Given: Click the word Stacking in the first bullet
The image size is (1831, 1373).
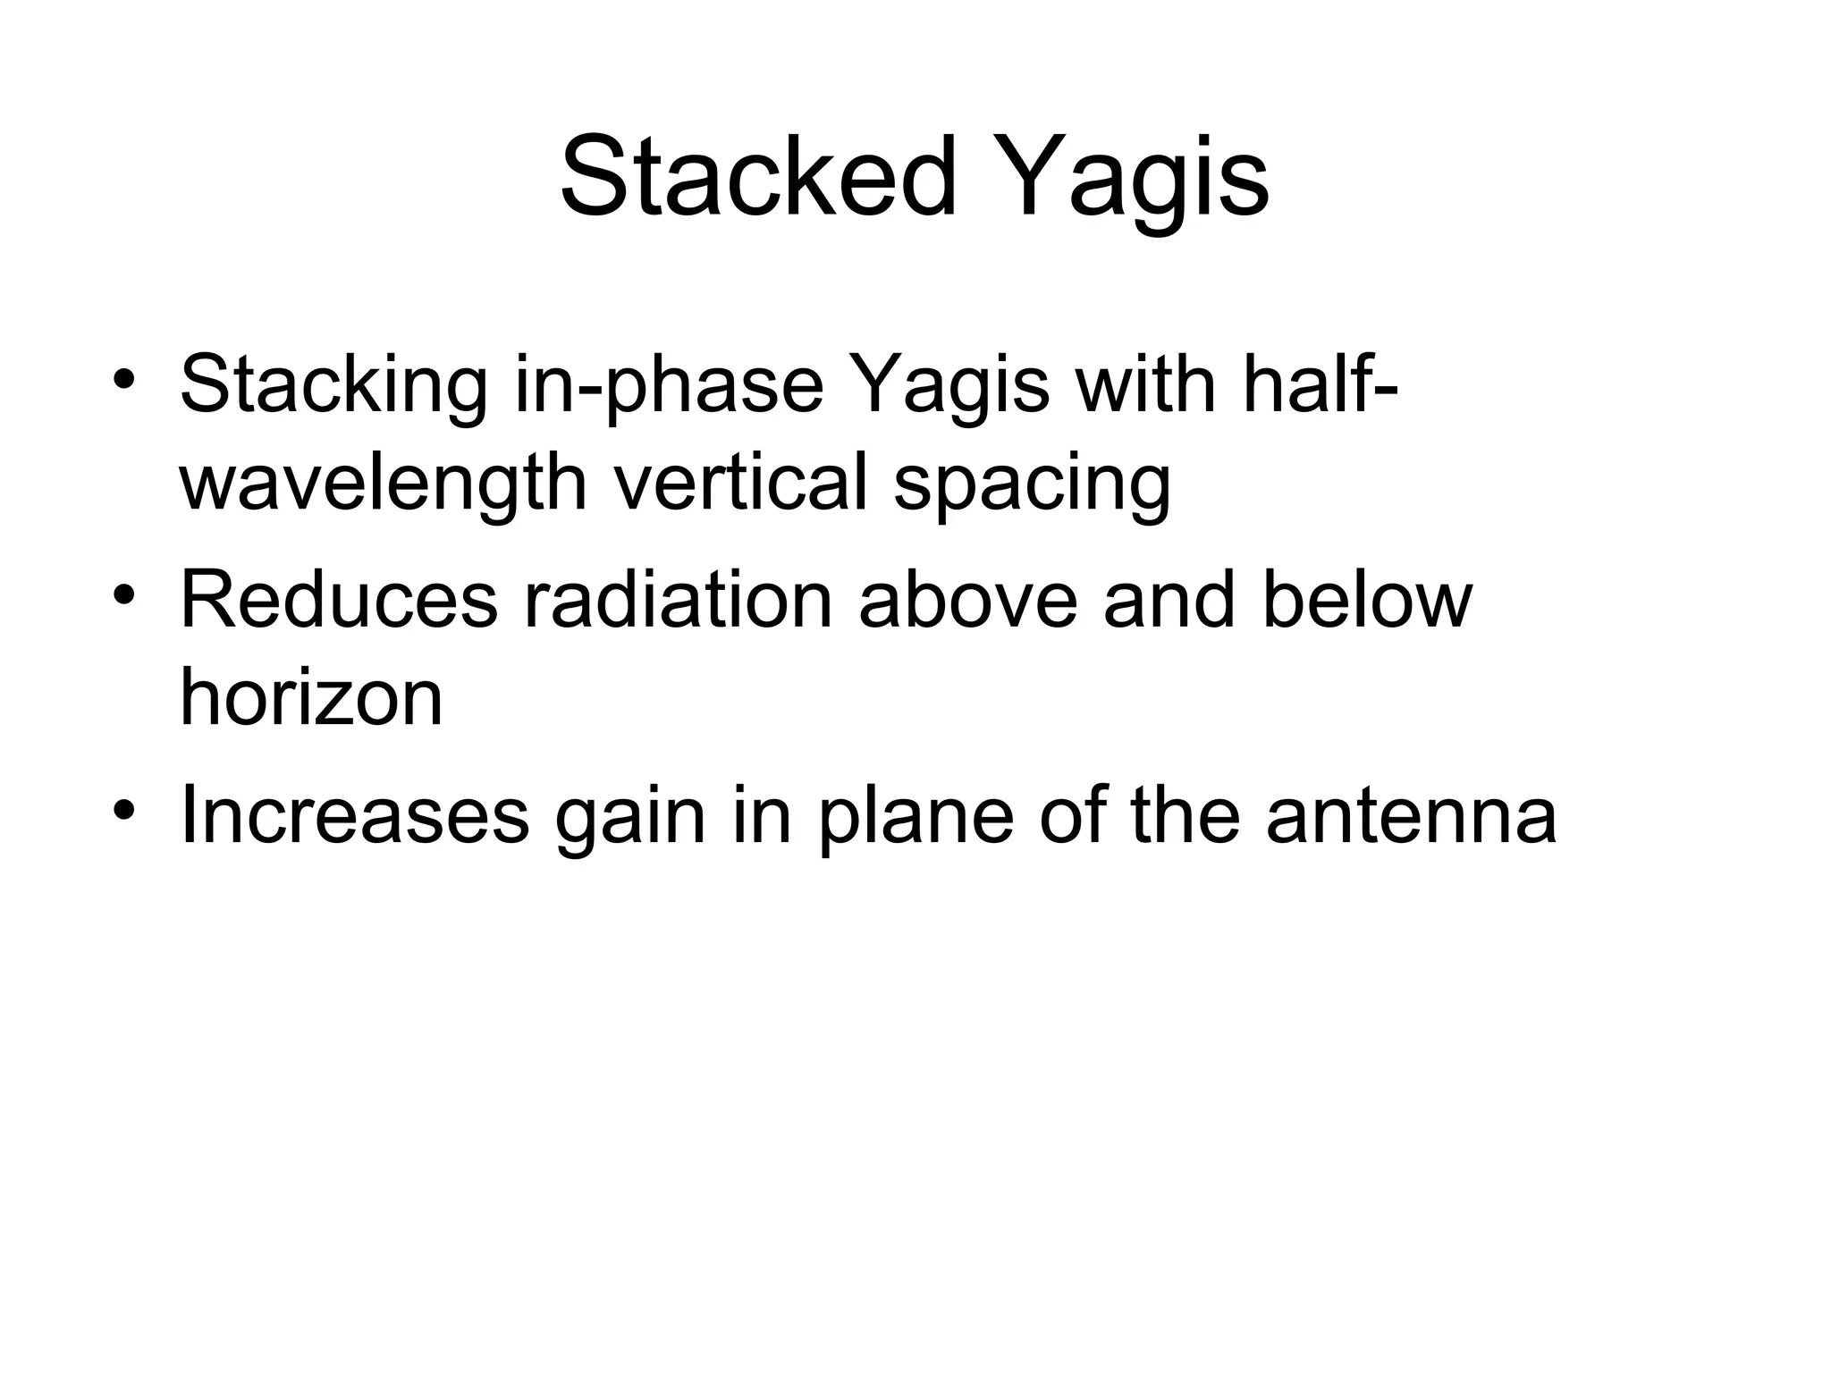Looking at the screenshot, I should (x=333, y=386).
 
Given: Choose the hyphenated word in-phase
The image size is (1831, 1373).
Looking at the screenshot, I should (x=668, y=386).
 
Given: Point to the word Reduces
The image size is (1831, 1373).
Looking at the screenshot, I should (x=338, y=601).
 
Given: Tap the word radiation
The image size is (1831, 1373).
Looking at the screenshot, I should (x=678, y=601).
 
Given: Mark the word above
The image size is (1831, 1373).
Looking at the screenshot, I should (x=967, y=601).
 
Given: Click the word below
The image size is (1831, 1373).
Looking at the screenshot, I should (x=1366, y=601).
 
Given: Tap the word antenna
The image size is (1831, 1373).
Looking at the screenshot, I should (x=1411, y=817).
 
